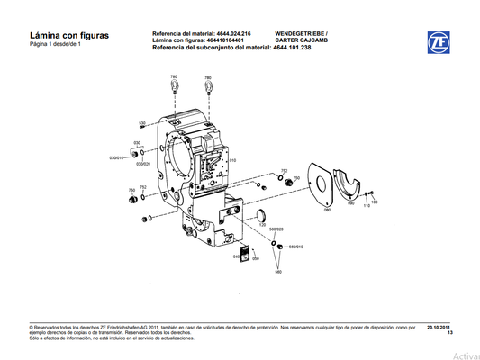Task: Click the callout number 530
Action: (141, 123)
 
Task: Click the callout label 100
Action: (375, 202)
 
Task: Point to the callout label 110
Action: (367, 206)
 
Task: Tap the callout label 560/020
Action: (277, 229)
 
